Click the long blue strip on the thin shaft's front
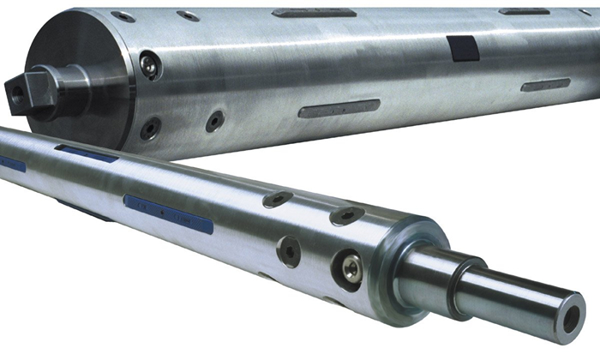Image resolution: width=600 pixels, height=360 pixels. (x=167, y=213)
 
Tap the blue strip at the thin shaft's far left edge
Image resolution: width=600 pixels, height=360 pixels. (x=10, y=163)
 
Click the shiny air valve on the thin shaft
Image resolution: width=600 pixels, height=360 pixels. (x=351, y=267)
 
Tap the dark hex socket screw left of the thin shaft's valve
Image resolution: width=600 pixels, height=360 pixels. (x=290, y=251)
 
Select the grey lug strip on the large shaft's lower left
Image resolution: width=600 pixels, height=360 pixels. (x=339, y=108)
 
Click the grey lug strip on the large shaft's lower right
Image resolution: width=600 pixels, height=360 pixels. (x=545, y=85)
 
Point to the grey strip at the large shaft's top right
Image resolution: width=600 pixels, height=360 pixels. (x=524, y=11)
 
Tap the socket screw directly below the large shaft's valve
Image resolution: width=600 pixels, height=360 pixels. (x=151, y=129)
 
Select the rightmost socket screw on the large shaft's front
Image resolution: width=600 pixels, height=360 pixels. (x=214, y=121)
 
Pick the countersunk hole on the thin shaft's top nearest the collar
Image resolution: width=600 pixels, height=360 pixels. (x=346, y=216)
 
